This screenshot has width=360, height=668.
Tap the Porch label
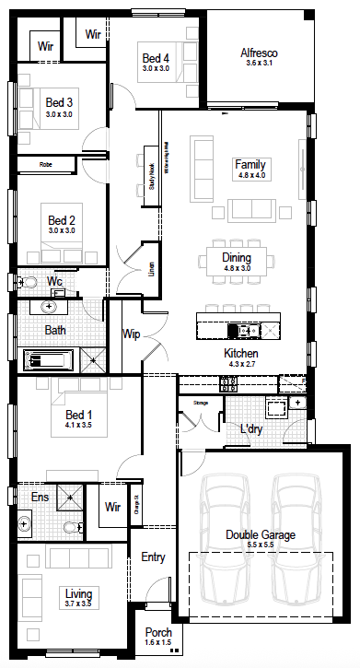[x=157, y=634]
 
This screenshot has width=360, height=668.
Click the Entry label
[x=153, y=557]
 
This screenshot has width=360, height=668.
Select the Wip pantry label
[x=130, y=334]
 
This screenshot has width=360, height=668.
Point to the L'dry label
[x=251, y=429]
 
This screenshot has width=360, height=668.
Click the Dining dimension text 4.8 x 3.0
[x=243, y=268]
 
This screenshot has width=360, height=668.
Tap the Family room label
[x=250, y=163]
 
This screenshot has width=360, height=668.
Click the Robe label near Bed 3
[x=45, y=165]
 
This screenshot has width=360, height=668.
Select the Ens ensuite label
[x=41, y=498]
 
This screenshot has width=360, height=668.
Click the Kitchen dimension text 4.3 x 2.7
[x=240, y=364]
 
